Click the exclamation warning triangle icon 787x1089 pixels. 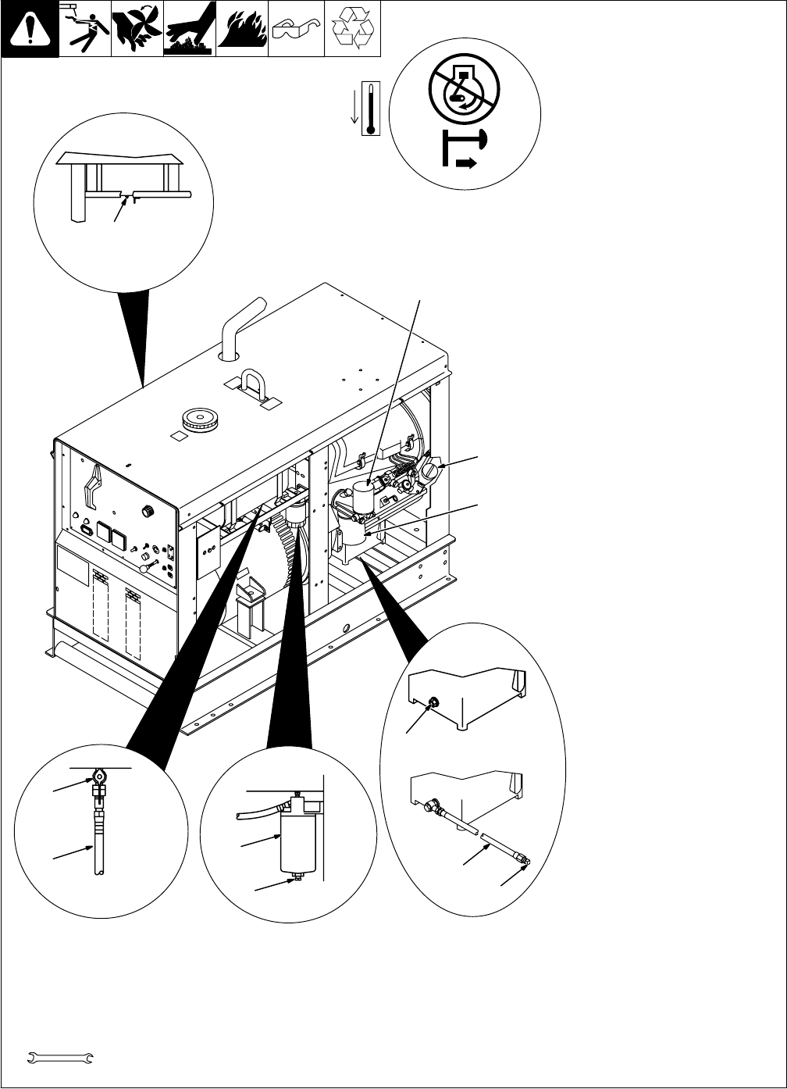click(x=30, y=29)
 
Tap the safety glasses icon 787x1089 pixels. click(x=296, y=29)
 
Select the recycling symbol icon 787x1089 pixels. click(x=352, y=29)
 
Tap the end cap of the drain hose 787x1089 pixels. click(x=527, y=862)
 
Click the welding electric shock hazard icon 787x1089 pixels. click(x=84, y=29)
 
